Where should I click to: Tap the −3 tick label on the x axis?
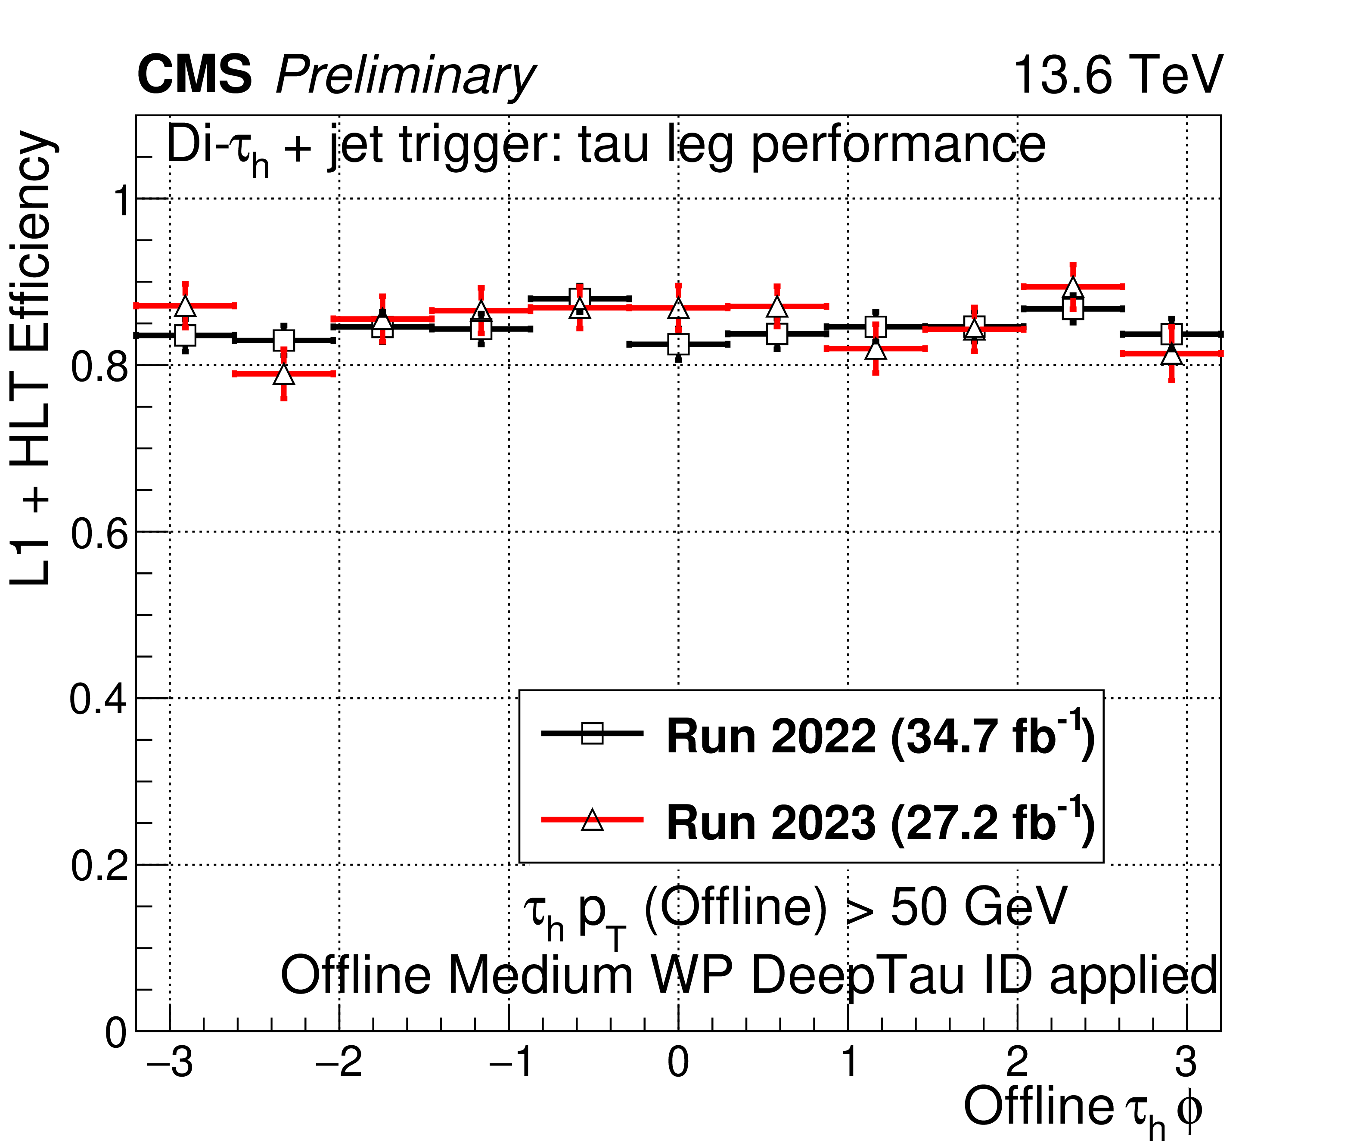[x=170, y=1063]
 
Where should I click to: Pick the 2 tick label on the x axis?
[x=1017, y=1063]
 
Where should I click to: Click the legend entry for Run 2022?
[x=880, y=736]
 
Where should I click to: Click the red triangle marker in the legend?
[x=592, y=820]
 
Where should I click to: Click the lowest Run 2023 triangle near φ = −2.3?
[x=284, y=375]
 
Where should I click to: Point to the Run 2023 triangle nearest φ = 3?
[x=1171, y=355]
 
